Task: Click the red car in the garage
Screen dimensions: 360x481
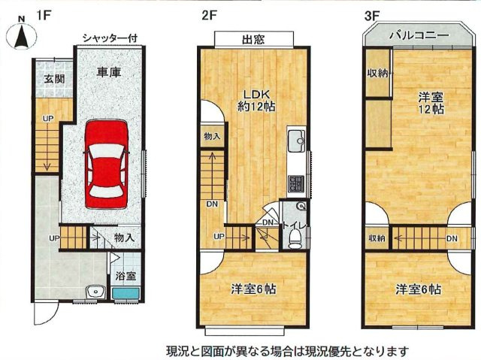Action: [x=104, y=164]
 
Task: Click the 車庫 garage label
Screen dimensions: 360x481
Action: [x=109, y=73]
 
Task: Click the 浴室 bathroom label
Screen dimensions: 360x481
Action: [x=126, y=276]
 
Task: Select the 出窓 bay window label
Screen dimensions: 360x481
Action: [x=253, y=39]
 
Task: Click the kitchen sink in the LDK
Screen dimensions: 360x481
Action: [x=295, y=140]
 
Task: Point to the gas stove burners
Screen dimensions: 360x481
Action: [x=294, y=183]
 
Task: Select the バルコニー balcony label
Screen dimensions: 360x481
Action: [x=419, y=35]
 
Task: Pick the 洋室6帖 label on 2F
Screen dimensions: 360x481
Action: [x=253, y=289]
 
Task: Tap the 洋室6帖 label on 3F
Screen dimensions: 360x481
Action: [x=419, y=289]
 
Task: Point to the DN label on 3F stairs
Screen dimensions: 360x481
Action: [x=451, y=238]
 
